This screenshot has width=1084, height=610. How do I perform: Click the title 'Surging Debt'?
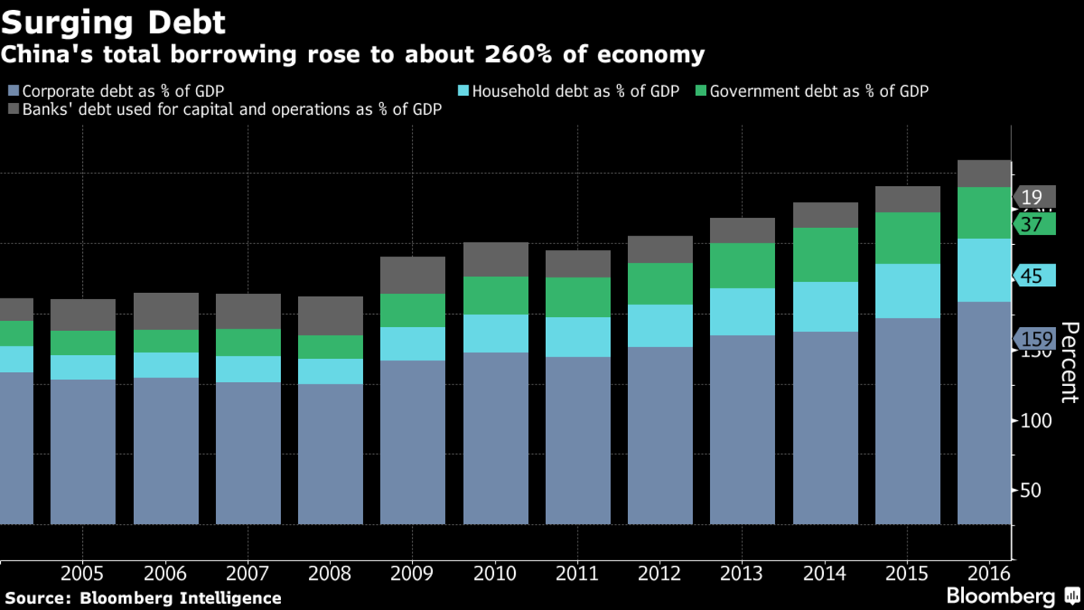coord(113,22)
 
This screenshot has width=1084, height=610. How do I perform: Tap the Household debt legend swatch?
coord(463,91)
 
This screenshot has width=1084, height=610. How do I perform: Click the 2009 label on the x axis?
coord(412,574)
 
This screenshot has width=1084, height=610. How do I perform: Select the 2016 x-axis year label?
coord(989,574)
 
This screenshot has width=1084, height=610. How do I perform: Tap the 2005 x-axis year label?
coord(82,574)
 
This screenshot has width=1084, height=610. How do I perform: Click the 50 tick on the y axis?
coord(1031,491)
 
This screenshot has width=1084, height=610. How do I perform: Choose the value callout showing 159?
coord(1037,339)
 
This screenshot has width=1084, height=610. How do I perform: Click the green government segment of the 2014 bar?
coord(825,254)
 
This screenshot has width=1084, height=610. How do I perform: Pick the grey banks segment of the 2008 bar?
coord(330,315)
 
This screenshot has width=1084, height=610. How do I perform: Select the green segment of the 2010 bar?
coord(496,295)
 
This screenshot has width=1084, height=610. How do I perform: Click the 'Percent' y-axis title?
coord(1069,362)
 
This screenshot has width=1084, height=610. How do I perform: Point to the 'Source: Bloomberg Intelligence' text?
coord(143,598)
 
